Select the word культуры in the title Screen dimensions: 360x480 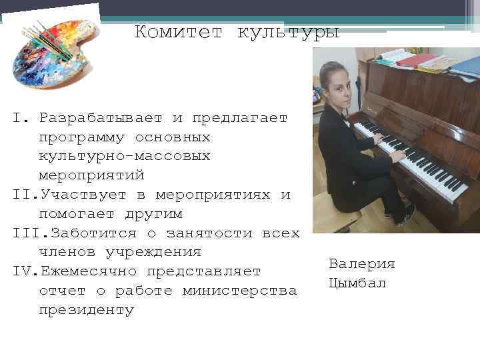click(288, 32)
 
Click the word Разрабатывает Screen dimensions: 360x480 click(101, 119)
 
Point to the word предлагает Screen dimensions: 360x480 click(239, 119)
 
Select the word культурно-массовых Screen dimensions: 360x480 click(125, 157)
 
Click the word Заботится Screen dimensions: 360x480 click(93, 233)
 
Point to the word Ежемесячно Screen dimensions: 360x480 click(93, 272)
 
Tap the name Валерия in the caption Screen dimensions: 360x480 click(361, 264)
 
